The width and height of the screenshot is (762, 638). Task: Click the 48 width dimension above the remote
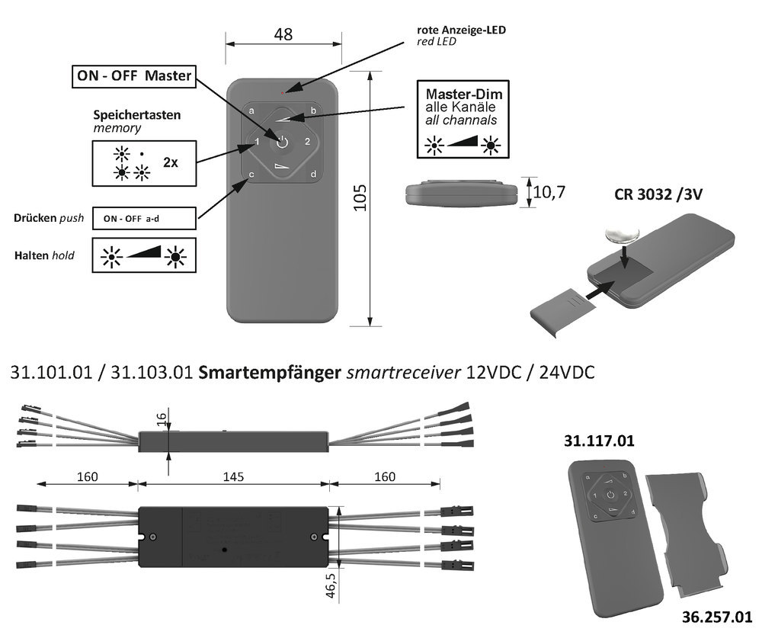[x=283, y=34]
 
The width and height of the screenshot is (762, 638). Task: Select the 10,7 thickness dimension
[x=549, y=191]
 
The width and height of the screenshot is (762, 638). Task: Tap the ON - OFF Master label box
[x=133, y=75]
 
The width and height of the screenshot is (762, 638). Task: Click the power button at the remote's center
[x=282, y=142]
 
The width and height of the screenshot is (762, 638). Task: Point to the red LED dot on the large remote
[x=283, y=92]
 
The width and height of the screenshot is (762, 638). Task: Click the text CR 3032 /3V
[x=658, y=194]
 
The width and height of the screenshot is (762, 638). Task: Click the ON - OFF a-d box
[x=142, y=219]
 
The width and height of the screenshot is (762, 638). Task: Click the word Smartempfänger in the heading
[x=270, y=373]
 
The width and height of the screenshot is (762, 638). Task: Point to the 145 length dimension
[x=233, y=476]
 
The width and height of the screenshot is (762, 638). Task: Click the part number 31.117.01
[x=599, y=441]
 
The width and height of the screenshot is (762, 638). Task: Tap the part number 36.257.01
[x=716, y=617]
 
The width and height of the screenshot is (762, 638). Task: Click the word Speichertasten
[x=137, y=115]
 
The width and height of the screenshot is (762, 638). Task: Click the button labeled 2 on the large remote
[x=307, y=141]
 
